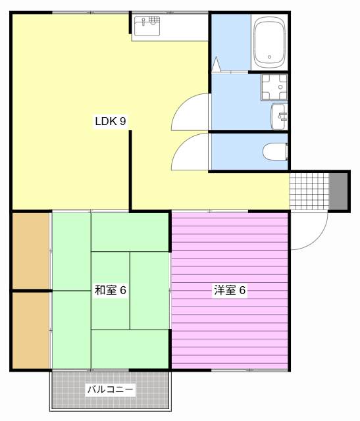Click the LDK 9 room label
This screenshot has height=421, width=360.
(110, 121)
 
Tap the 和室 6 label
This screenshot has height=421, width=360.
(110, 290)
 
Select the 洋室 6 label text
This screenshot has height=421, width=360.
(230, 290)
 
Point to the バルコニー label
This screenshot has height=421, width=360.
(111, 390)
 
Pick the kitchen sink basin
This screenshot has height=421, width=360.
(147, 26)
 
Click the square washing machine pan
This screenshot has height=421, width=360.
(274, 86)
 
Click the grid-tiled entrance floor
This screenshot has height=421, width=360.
(309, 191)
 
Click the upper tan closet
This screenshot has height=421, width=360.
(30, 250)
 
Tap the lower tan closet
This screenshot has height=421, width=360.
(30, 330)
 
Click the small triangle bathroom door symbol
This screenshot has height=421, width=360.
(217, 65)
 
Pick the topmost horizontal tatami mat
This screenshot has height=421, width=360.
(130, 232)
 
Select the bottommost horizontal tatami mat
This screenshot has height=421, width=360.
(130, 349)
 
